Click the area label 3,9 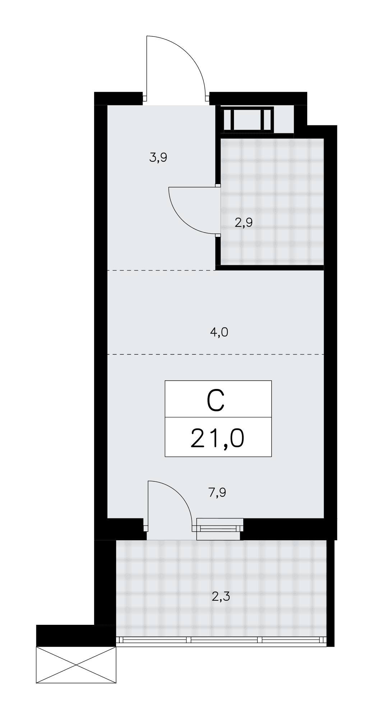158,157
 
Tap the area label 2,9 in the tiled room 244,223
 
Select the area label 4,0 219,332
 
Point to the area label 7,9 217,492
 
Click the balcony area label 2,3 221,597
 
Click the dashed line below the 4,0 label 216,354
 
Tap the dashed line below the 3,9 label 162,270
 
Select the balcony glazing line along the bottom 221,640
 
